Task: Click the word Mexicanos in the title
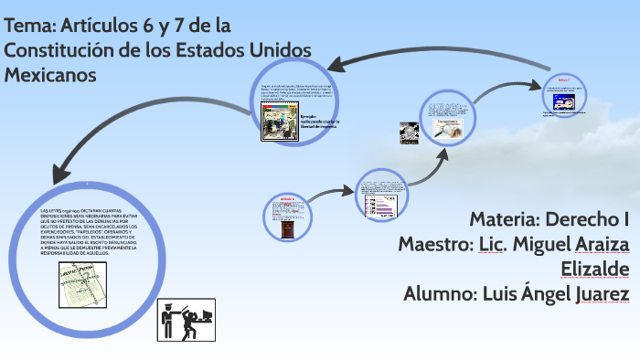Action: click(x=50, y=75)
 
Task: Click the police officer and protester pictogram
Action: click(x=187, y=319)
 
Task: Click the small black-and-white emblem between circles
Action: click(x=408, y=133)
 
